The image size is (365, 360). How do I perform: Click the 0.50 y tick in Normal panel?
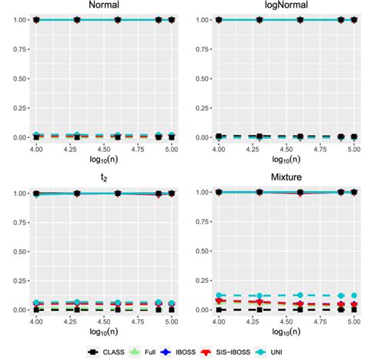point(15,79)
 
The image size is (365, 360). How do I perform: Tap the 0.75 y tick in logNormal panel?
point(193,49)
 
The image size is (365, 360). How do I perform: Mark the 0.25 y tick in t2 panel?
point(15,281)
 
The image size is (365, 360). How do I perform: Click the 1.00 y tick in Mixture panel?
point(193,192)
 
